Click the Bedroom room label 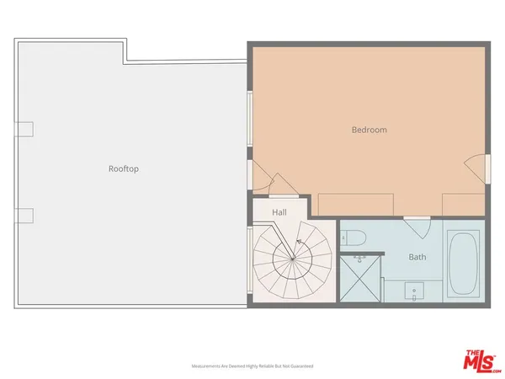pyautogui.click(x=369, y=130)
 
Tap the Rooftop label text pyautogui.click(x=123, y=168)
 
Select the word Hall pyautogui.click(x=279, y=212)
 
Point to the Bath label pyautogui.click(x=417, y=257)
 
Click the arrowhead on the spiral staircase pyautogui.click(x=300, y=241)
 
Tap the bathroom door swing pyautogui.click(x=417, y=227)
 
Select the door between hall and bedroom pyautogui.click(x=271, y=181)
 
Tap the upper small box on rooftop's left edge pyautogui.click(x=24, y=129)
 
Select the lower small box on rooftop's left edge pyautogui.click(x=24, y=216)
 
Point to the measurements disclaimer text pyautogui.click(x=252, y=366)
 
